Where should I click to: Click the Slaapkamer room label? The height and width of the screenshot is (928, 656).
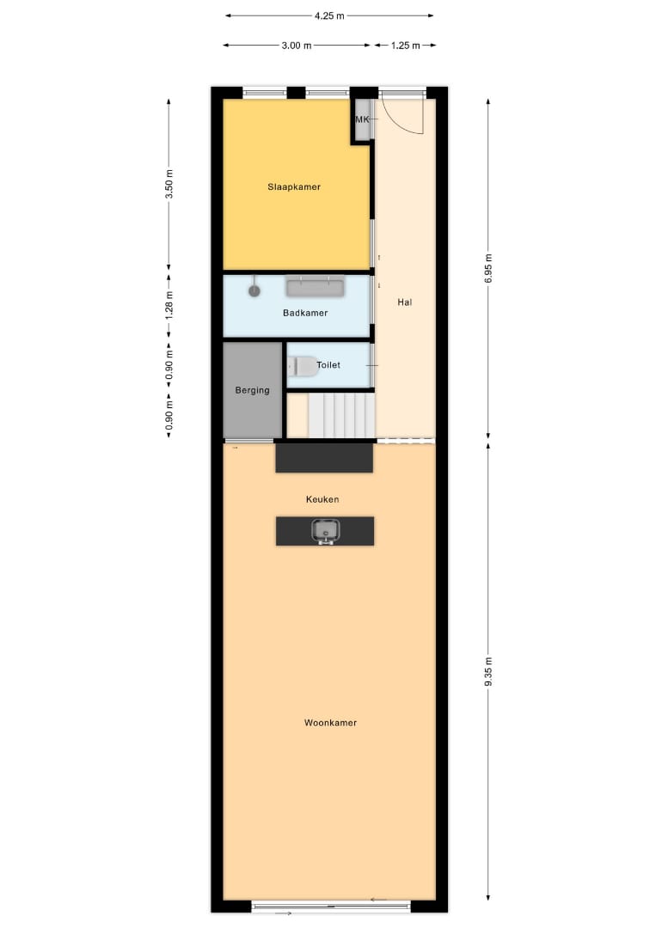pyautogui.click(x=294, y=187)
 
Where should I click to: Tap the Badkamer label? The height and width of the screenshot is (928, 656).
pyautogui.click(x=305, y=313)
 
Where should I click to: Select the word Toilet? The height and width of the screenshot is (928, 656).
pyautogui.click(x=328, y=365)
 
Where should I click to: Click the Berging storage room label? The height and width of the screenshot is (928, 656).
pyautogui.click(x=252, y=391)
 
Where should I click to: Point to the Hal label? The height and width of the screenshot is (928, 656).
pyautogui.click(x=404, y=302)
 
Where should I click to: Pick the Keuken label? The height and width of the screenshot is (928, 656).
pyautogui.click(x=322, y=499)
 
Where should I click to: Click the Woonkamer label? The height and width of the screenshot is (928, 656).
pyautogui.click(x=330, y=723)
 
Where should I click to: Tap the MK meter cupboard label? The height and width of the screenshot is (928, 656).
pyautogui.click(x=362, y=119)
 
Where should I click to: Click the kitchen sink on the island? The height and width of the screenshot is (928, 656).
pyautogui.click(x=325, y=531)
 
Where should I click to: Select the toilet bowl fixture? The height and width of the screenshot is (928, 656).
pyautogui.click(x=303, y=367)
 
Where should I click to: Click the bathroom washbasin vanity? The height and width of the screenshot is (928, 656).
pyautogui.click(x=315, y=286)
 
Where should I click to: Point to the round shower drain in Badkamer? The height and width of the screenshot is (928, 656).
pyautogui.click(x=254, y=290)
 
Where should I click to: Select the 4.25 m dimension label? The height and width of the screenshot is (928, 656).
pyautogui.click(x=329, y=16)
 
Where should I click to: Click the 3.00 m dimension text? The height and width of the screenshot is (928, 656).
pyautogui.click(x=297, y=46)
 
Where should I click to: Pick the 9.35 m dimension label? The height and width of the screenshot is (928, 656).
pyautogui.click(x=488, y=672)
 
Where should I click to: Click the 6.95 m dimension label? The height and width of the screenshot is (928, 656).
pyautogui.click(x=488, y=268)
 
